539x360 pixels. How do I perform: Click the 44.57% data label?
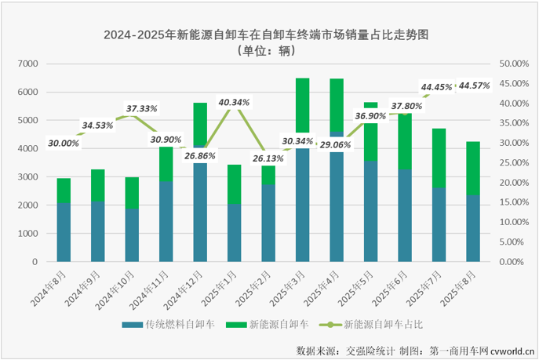(x=475, y=85)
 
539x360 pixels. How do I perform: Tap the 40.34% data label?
(x=235, y=102)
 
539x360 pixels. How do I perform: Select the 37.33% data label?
(x=143, y=108)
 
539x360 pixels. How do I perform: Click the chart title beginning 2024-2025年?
(x=270, y=35)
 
